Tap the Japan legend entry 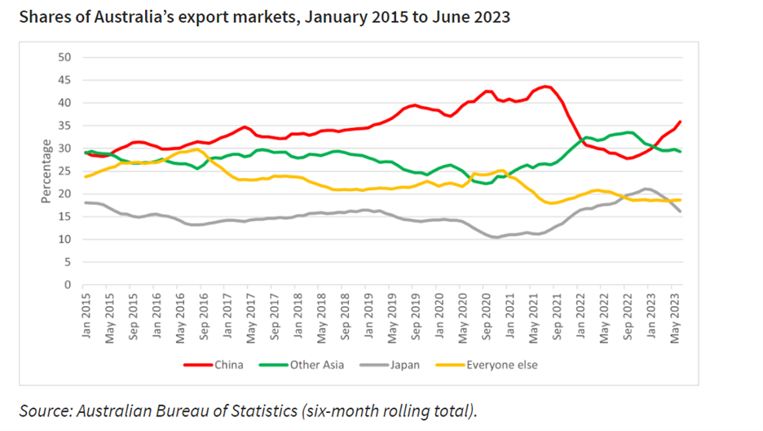[404, 365]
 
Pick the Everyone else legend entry [502, 365]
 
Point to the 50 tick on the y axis [65, 57]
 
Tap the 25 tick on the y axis [65, 171]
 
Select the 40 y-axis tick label [65, 103]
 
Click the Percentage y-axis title [47, 171]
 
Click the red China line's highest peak [545, 87]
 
